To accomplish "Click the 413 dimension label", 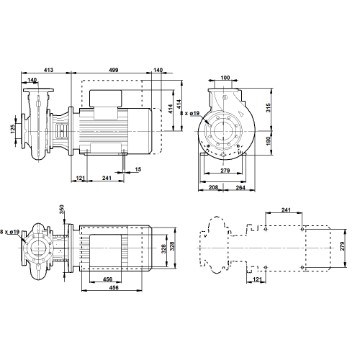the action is (x=48, y=70).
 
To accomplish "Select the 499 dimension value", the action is (x=114, y=70).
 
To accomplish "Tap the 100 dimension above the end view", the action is (x=225, y=78).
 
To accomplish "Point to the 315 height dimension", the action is (x=268, y=107).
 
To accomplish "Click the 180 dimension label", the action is (x=268, y=140).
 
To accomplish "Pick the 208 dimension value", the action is (x=213, y=187).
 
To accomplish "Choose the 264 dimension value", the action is (x=240, y=187).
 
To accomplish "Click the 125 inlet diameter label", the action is (x=13, y=129).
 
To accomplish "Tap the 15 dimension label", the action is (x=138, y=169).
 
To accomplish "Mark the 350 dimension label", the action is (x=62, y=210).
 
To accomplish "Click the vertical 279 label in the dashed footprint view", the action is (x=342, y=246).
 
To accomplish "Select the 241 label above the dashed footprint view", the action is (x=286, y=210).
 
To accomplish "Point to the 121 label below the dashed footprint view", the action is (x=257, y=279).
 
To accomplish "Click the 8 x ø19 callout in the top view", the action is (x=9, y=232).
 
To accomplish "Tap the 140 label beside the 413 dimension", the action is (x=32, y=80).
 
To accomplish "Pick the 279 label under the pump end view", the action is (x=225, y=171).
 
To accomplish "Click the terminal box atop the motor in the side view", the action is (x=106, y=99).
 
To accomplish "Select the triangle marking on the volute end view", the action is (x=240, y=113).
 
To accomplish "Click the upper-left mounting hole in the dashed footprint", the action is (x=266, y=229).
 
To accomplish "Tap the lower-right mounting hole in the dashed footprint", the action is (x=302, y=267).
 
